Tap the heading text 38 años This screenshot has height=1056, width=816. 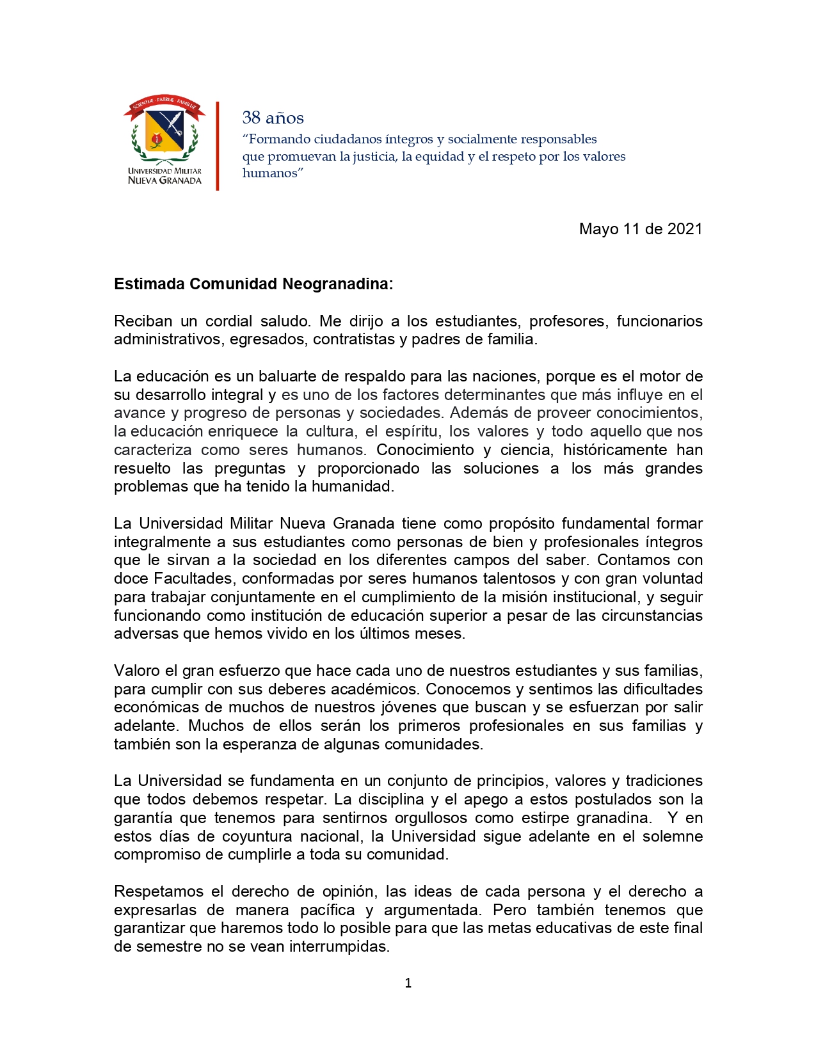pyautogui.click(x=273, y=118)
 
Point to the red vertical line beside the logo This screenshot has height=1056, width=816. pyautogui.click(x=218, y=146)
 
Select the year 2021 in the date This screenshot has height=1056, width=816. pyautogui.click(x=685, y=229)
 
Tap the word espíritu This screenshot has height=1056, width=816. pyautogui.click(x=413, y=432)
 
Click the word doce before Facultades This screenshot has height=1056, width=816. pyautogui.click(x=131, y=579)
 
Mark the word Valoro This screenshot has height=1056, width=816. pyautogui.click(x=137, y=671)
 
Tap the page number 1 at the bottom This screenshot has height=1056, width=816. pyautogui.click(x=408, y=984)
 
